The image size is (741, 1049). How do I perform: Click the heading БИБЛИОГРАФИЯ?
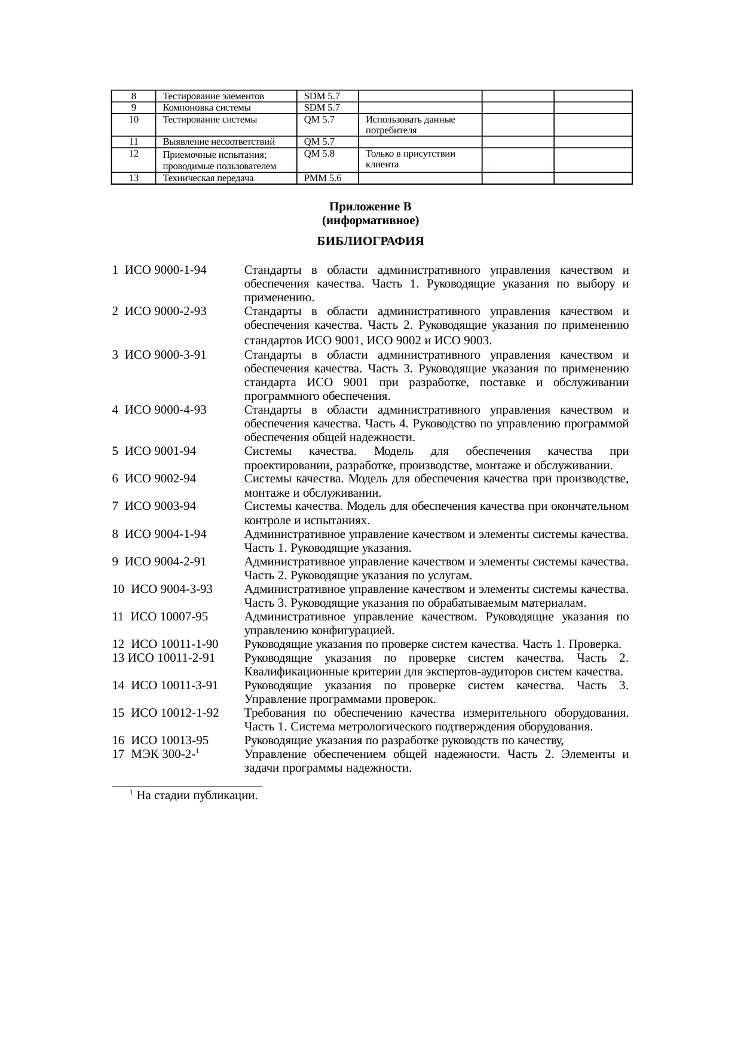370,241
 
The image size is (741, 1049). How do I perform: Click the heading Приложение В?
370,207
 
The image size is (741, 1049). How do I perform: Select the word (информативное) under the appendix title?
370,221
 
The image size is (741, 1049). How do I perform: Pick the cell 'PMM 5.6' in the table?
323,178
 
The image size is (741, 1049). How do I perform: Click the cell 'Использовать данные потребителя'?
410,125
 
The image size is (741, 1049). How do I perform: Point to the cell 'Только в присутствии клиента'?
410,160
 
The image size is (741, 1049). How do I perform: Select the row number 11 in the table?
133,142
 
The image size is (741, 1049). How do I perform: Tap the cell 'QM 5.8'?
319,154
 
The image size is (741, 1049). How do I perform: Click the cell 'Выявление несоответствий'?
218,142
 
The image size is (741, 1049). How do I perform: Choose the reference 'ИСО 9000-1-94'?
166,270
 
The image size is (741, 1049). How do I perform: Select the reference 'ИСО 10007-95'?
169,617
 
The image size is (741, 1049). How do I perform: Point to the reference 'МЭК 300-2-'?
163,755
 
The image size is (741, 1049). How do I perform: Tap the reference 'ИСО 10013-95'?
169,741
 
